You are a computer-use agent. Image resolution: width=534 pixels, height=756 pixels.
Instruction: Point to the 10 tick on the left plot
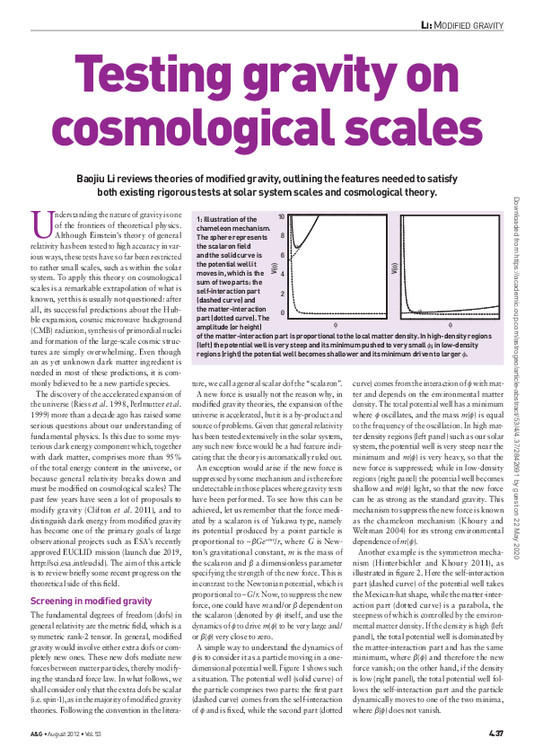282,217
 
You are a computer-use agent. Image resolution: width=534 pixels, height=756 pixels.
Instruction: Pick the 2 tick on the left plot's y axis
284,294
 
